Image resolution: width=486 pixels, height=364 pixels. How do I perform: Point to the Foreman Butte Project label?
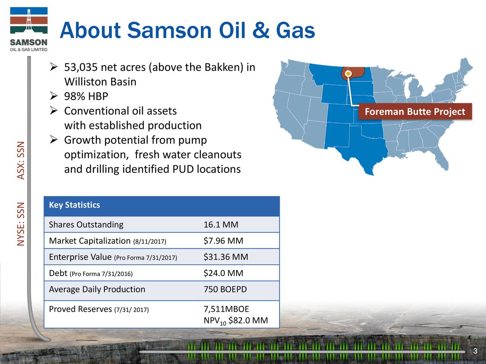[415, 111]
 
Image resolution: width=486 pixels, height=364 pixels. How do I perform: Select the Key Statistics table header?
[74, 205]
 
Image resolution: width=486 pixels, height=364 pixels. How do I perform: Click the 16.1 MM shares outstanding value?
[221, 225]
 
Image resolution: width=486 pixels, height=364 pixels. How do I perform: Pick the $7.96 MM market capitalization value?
[223, 241]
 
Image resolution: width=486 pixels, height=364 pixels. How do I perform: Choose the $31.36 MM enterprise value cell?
[226, 257]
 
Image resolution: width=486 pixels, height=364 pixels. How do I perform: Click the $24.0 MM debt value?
[223, 273]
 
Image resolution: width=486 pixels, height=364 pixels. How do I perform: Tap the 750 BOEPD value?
[225, 289]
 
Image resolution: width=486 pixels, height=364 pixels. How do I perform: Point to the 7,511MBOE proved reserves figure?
[226, 309]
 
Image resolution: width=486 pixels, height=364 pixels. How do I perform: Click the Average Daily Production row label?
[97, 289]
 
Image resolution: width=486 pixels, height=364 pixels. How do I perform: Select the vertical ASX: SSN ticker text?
[21, 160]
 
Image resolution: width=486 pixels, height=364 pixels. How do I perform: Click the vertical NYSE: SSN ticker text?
[21, 224]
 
